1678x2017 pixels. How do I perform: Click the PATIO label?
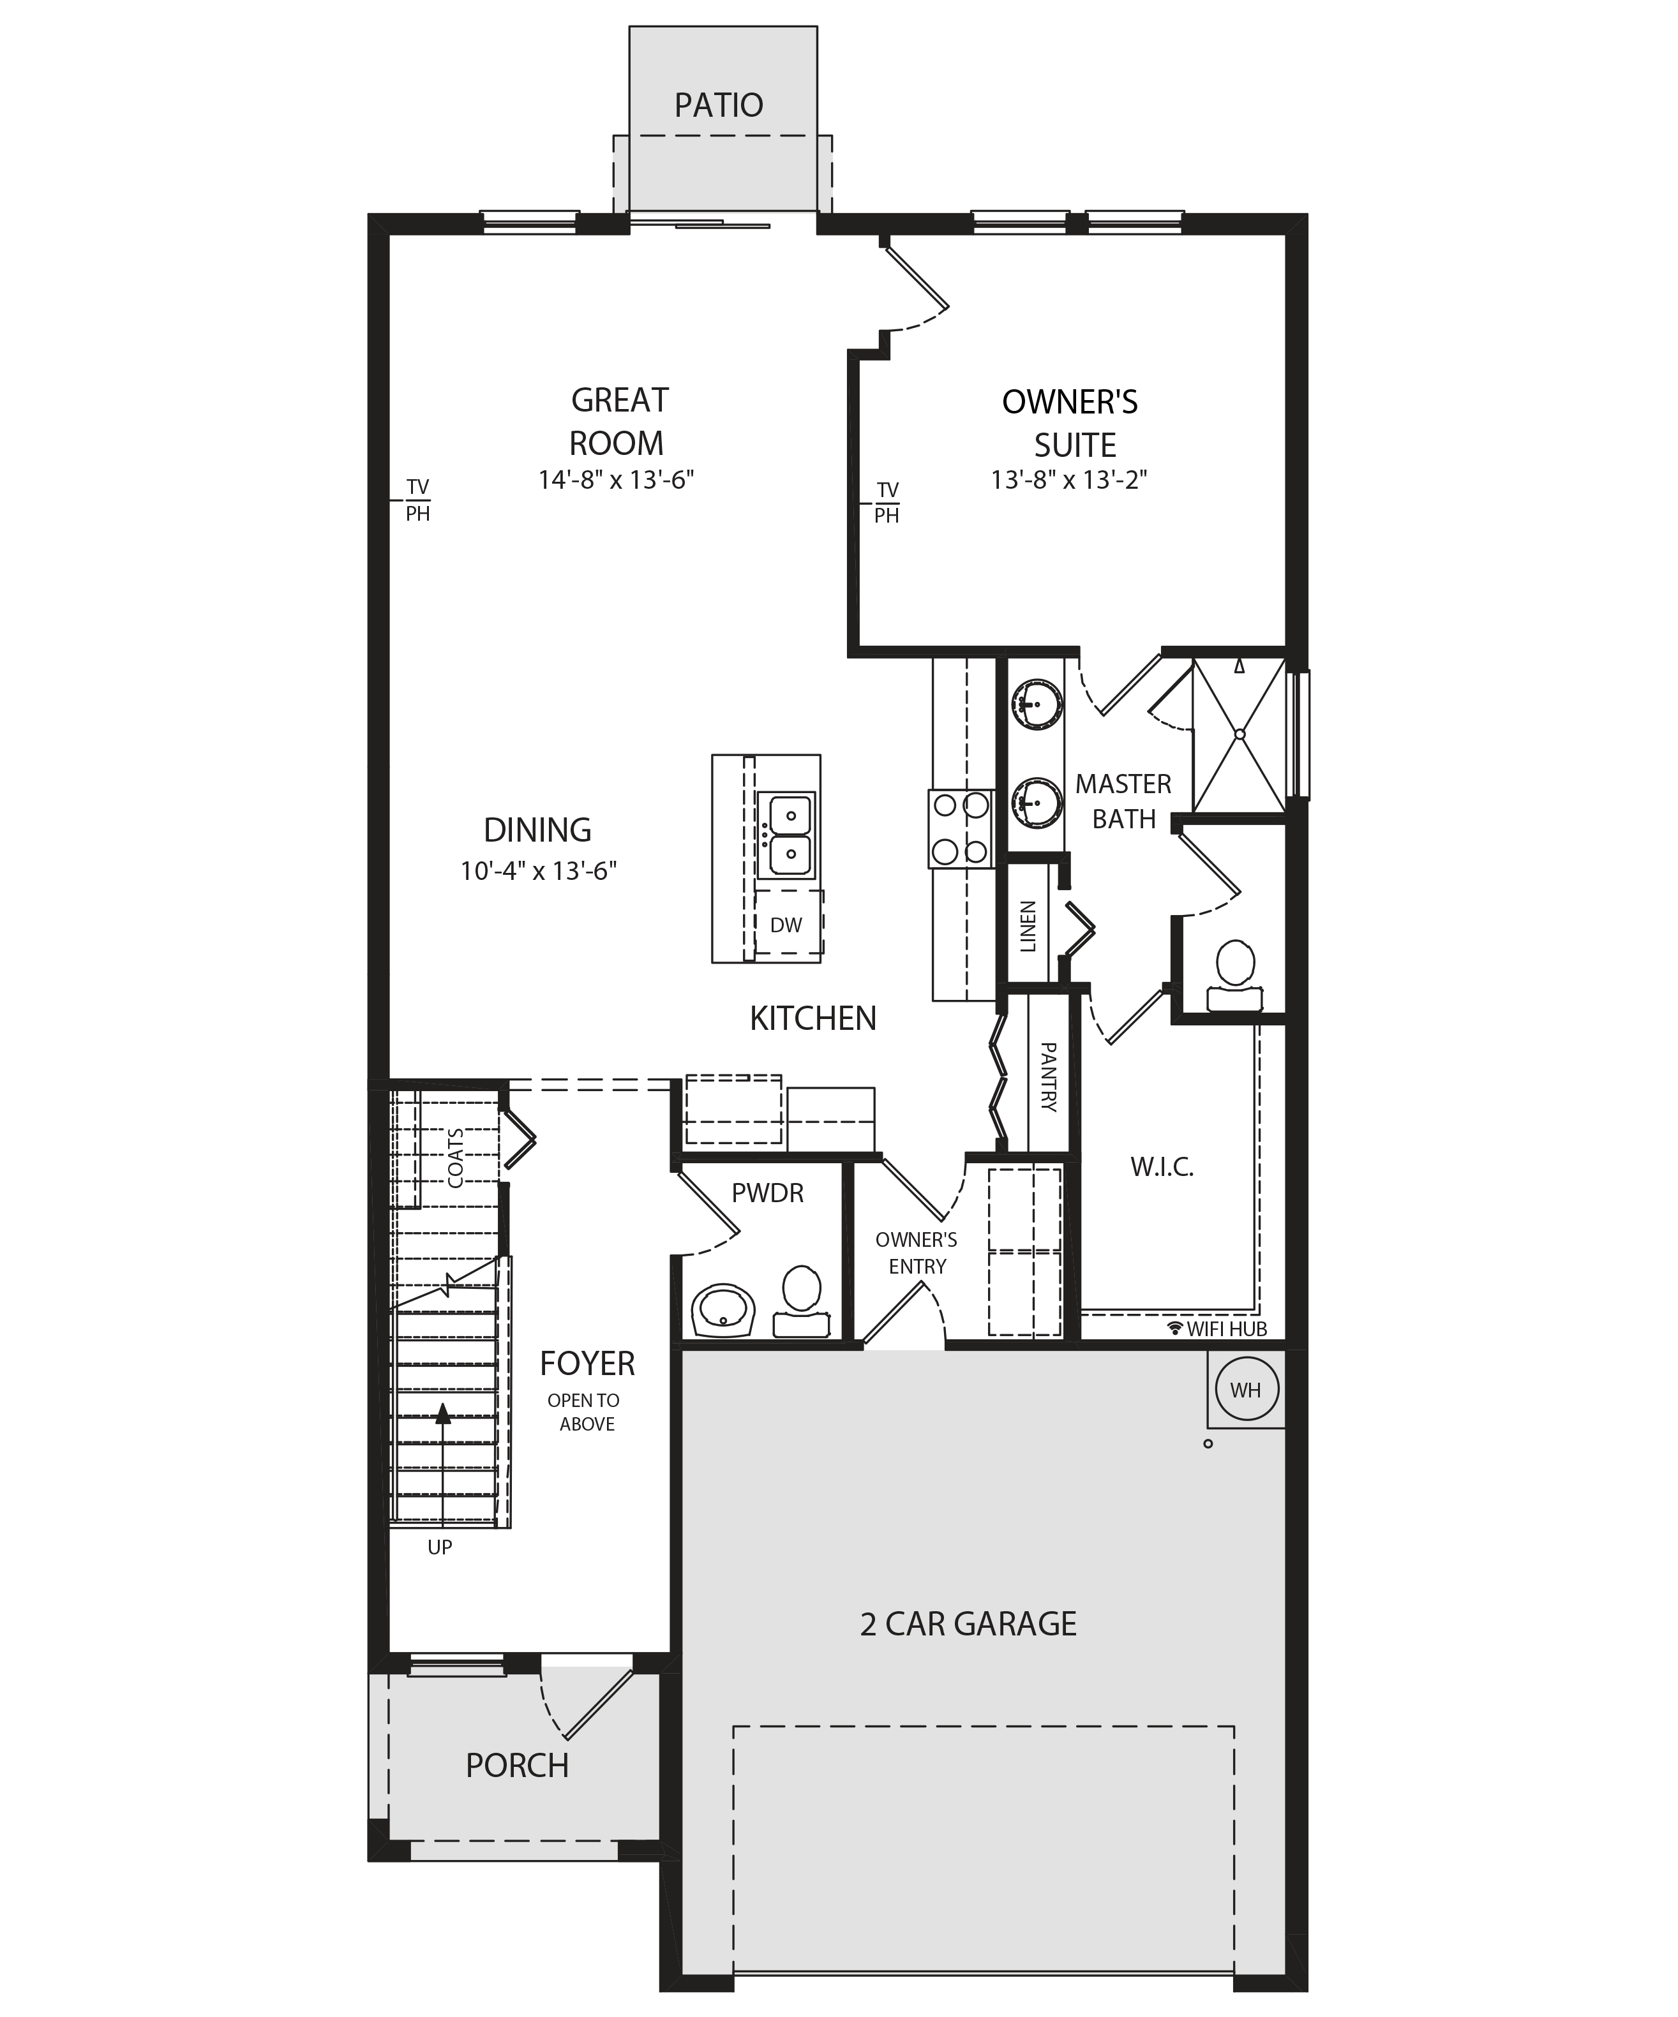719,105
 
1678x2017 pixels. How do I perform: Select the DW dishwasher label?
786,925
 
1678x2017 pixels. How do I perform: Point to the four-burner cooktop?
961,828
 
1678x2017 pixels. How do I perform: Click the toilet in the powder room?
801,1302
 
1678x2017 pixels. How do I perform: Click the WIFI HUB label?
1217,1329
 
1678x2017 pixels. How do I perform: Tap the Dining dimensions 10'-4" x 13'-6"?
538,871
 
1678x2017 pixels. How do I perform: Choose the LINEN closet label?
1028,927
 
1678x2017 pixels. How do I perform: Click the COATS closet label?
455,1157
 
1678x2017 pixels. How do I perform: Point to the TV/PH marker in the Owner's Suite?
887,503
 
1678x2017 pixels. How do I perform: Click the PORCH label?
517,1766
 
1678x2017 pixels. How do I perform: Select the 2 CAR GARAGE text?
968,1623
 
